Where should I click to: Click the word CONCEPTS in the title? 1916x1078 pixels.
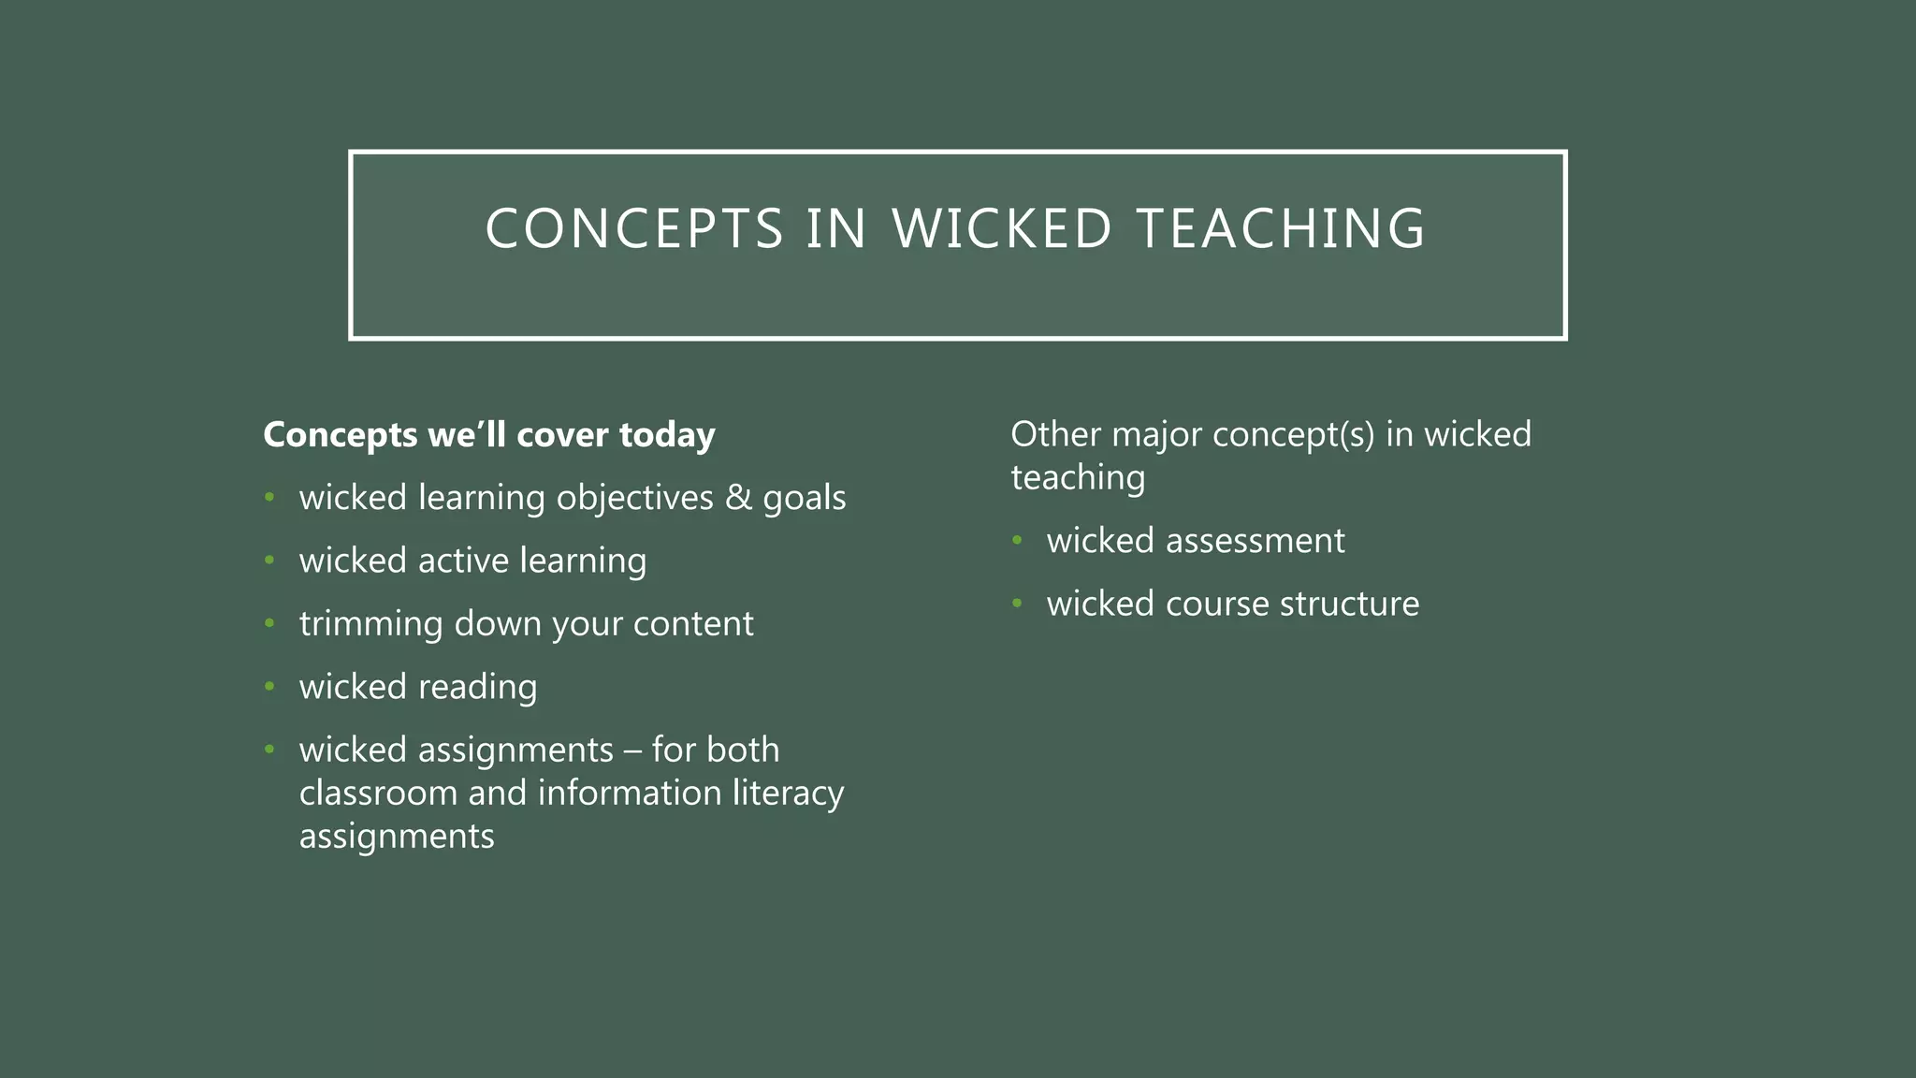[634, 229]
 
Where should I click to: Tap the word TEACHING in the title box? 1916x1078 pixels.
[1281, 229]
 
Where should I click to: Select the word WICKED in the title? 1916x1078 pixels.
[1002, 229]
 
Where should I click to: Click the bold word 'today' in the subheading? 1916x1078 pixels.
[667, 435]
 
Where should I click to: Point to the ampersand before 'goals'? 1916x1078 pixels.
[738, 497]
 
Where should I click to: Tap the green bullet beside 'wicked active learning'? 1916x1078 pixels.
[269, 561]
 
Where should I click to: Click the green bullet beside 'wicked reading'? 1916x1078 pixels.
[269, 687]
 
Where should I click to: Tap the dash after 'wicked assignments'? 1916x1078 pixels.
[632, 750]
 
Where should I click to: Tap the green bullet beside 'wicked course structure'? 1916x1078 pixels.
[1017, 604]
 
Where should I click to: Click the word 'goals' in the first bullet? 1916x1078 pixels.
[804, 499]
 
